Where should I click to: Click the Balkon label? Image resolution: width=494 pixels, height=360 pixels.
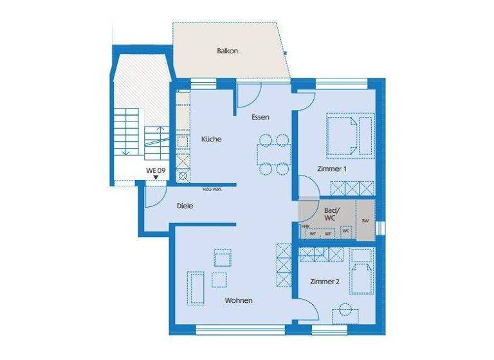point(228,51)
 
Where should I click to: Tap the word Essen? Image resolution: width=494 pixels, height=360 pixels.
point(260,117)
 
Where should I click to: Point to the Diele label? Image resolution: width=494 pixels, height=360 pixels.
point(185,206)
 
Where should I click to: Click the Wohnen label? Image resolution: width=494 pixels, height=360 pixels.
point(239,300)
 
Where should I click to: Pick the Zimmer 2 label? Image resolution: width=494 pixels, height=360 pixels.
point(324,282)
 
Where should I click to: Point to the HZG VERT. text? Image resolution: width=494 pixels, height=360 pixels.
point(212,189)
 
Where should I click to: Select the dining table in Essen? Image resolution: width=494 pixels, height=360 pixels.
point(274,154)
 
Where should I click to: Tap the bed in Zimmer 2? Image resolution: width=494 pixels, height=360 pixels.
point(361,274)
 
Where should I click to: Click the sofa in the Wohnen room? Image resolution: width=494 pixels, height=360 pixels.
point(196,287)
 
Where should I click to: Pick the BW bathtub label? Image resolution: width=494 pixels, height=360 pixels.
point(365,221)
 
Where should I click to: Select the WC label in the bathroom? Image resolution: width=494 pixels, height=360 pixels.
point(346,230)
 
